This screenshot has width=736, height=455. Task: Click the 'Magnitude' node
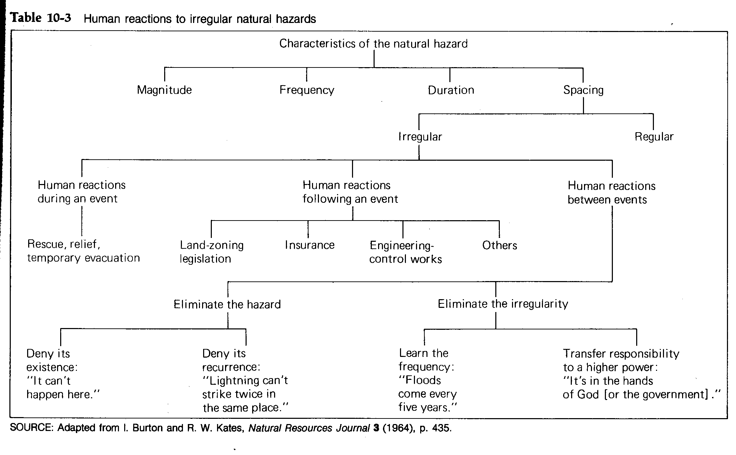pyautogui.click(x=164, y=90)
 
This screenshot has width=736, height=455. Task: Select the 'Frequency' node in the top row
pyautogui.click(x=307, y=90)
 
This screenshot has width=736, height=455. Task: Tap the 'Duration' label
pyautogui.click(x=451, y=90)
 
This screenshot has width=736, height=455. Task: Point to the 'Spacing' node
pyautogui.click(x=583, y=90)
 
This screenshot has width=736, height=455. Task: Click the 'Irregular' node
pyautogui.click(x=420, y=137)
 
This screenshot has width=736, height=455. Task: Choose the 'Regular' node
pyautogui.click(x=654, y=137)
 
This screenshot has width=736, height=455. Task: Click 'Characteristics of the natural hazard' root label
pyautogui.click(x=373, y=43)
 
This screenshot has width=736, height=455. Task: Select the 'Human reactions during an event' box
pyautogui.click(x=81, y=192)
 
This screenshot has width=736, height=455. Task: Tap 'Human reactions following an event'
pyautogui.click(x=350, y=192)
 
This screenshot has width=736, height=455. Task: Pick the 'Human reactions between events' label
pyautogui.click(x=611, y=193)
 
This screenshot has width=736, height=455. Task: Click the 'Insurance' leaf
pyautogui.click(x=310, y=245)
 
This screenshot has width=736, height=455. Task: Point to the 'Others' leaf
pyautogui.click(x=499, y=245)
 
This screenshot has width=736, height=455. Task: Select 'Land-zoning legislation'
pyautogui.click(x=211, y=252)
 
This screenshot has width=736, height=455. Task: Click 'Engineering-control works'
pyautogui.click(x=405, y=252)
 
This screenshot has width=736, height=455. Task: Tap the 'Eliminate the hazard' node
pyautogui.click(x=227, y=304)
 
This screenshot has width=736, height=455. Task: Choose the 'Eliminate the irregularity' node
pyautogui.click(x=503, y=304)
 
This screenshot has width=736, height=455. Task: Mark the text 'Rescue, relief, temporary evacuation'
pyautogui.click(x=83, y=251)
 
